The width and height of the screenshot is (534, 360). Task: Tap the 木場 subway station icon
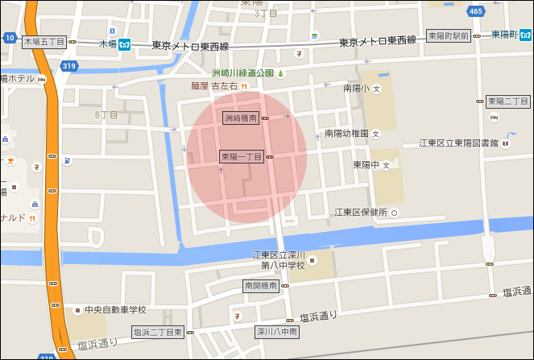point(125,43)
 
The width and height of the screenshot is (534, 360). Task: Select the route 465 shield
point(475,11)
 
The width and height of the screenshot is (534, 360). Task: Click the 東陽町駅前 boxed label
point(448,36)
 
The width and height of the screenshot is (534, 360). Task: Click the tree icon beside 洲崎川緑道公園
point(280,73)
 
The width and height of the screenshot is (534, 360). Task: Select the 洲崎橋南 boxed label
point(240,118)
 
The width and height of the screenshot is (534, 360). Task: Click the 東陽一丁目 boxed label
point(242,156)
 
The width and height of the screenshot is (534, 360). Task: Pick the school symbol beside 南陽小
point(376,89)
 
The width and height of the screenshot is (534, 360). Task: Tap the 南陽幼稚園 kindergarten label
point(346,133)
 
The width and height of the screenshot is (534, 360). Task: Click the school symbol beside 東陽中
point(386,165)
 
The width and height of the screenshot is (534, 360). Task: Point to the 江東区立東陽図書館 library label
point(458,143)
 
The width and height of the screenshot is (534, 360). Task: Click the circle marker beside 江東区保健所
point(395,213)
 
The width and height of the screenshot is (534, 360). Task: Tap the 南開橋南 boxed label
point(260,286)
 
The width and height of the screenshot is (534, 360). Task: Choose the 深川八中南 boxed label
point(278,331)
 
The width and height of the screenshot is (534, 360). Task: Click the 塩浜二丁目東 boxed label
point(158,332)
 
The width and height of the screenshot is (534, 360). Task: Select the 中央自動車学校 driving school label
point(115,309)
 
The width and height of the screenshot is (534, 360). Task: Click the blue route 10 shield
point(9,37)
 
